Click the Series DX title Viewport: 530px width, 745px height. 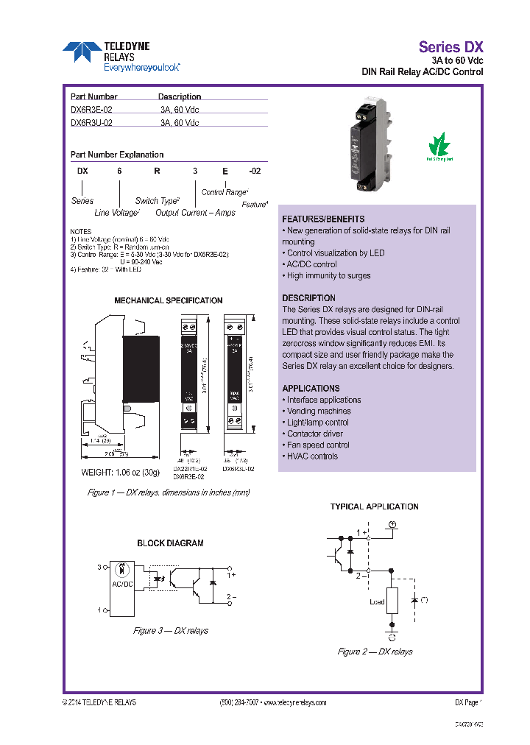(451, 45)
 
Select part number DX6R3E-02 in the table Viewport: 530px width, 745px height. (91, 109)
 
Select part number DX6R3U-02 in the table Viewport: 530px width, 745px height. (91, 123)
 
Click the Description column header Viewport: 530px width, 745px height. (180, 96)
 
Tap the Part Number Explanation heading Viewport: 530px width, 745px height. (116, 155)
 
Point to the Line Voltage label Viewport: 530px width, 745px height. (116, 213)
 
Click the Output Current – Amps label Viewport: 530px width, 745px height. (195, 213)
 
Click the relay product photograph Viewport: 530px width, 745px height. (368, 147)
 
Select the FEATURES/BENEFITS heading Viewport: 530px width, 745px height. (323, 219)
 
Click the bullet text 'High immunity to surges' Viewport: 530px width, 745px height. (328, 275)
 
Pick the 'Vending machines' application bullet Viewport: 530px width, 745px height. (319, 411)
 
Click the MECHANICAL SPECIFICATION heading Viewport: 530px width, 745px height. (168, 300)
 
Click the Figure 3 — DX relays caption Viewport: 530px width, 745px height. (170, 631)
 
